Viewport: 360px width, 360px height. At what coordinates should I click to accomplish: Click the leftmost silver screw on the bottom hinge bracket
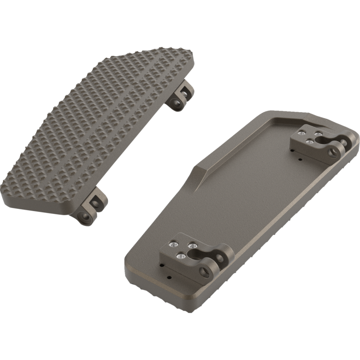(172, 244)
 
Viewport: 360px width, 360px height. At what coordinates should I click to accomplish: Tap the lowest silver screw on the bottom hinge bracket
(180, 256)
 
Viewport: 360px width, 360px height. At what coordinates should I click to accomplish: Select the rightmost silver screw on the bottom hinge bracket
(193, 246)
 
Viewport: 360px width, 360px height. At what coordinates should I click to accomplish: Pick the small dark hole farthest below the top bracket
(300, 158)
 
